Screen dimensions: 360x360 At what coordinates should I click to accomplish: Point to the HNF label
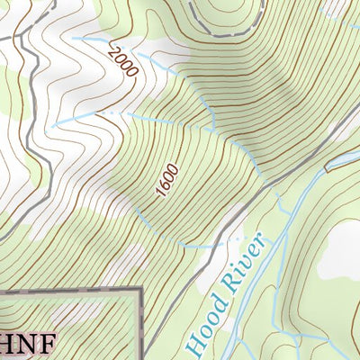pyautogui.click(x=27, y=343)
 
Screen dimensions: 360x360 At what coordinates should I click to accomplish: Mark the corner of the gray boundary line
pyautogui.click(x=140, y=290)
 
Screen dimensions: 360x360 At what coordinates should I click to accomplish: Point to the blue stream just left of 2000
pyautogui.click(x=90, y=40)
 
